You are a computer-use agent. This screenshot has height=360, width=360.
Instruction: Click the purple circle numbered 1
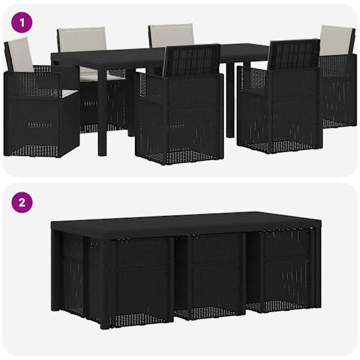[22, 23]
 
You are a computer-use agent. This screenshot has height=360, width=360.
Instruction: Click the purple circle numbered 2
[22, 203]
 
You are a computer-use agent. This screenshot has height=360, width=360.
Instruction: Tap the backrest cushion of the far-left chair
[20, 55]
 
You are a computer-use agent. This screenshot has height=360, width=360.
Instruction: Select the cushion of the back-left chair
[82, 39]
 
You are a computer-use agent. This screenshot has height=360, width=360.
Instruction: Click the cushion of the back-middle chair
[172, 35]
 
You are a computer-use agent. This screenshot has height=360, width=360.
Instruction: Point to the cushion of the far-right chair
[335, 40]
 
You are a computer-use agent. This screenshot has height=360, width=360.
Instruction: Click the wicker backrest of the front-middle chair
[193, 60]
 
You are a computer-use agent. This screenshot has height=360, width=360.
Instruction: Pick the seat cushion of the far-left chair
[69, 93]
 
